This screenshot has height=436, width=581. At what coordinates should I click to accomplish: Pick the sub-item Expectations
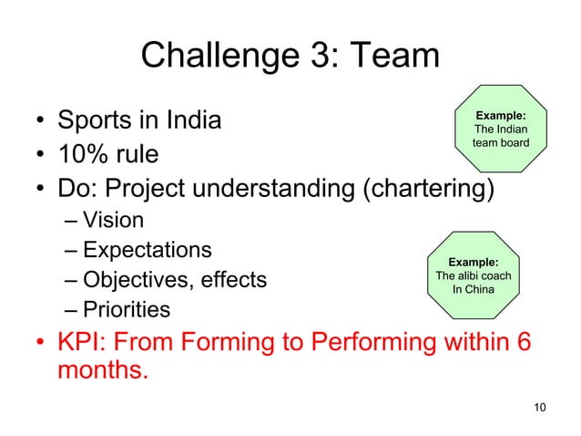147,249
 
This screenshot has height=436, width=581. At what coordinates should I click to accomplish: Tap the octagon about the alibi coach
474,275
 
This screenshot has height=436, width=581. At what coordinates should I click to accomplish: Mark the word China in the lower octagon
479,290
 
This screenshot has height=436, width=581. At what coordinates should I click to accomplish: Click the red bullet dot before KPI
39,345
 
